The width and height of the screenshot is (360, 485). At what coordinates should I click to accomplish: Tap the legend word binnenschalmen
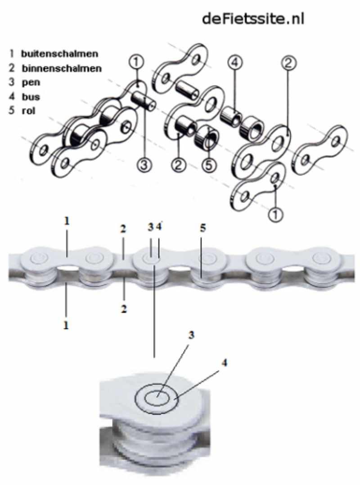(x=62, y=68)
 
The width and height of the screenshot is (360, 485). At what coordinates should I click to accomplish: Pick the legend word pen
(x=30, y=82)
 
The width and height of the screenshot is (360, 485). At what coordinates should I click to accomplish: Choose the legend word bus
(x=30, y=96)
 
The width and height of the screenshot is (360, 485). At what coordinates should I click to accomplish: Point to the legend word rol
(x=28, y=111)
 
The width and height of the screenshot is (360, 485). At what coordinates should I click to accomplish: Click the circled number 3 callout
(x=144, y=165)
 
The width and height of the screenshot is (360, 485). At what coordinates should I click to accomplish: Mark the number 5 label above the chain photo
(x=203, y=229)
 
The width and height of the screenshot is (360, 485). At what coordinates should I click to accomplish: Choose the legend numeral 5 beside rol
(x=11, y=111)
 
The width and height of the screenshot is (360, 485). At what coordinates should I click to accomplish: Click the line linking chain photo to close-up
(x=154, y=315)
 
